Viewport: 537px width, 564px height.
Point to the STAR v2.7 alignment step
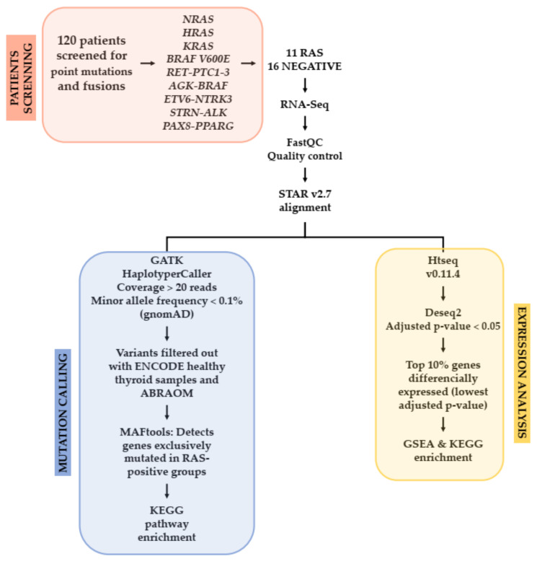click(x=306, y=200)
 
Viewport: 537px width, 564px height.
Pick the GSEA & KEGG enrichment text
click(x=442, y=451)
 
